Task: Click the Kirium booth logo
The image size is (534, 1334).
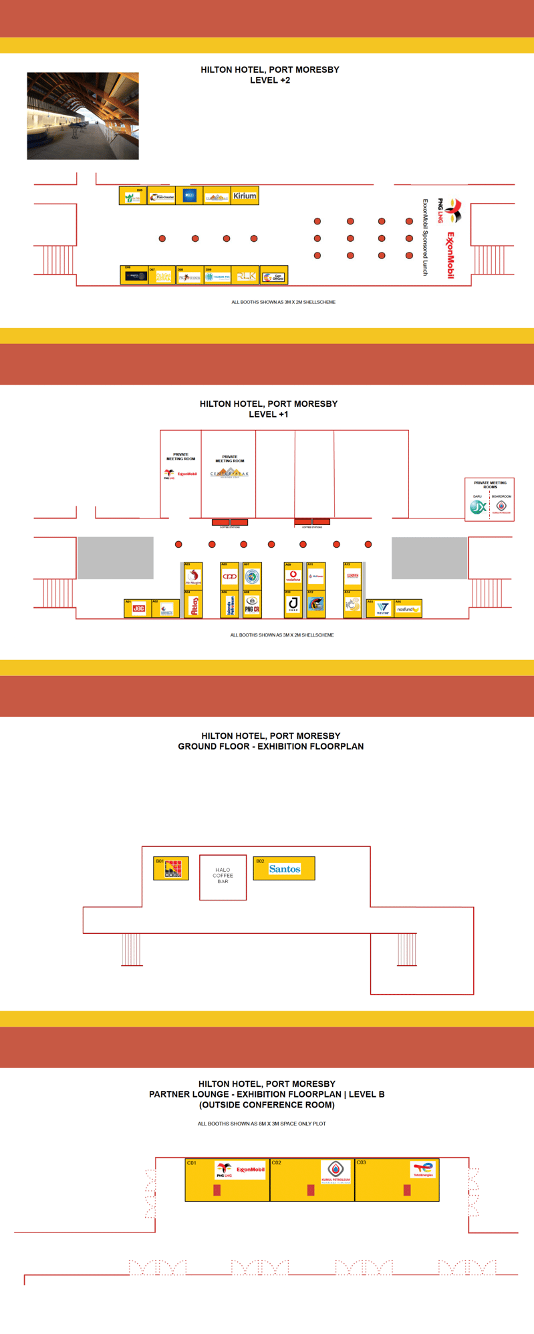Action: coord(245,196)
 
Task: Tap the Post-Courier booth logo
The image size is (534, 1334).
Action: coord(162,197)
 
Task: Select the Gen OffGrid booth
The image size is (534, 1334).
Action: coord(273,277)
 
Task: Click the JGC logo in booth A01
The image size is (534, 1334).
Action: coord(138,608)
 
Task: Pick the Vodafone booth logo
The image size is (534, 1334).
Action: coord(293,576)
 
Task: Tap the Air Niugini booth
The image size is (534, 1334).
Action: coord(193,576)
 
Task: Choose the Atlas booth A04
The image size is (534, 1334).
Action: coord(193,605)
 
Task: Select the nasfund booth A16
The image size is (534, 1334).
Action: coord(407,609)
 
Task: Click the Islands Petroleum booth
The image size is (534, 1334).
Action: coord(229,605)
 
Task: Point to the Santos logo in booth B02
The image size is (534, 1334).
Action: coord(285,869)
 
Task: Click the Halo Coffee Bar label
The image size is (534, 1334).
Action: coord(223,876)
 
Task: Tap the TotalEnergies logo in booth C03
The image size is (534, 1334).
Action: coord(423,1169)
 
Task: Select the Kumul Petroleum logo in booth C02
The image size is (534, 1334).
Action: coord(336,1170)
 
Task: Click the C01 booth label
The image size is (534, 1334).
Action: coord(192,1163)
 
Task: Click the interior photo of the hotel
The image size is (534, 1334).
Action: coord(83,116)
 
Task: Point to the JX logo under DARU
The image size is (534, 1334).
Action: coord(477,508)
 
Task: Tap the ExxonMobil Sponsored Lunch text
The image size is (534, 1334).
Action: coord(424,237)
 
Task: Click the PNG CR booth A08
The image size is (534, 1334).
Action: coord(252,605)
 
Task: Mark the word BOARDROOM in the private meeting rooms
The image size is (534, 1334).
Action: coord(501,496)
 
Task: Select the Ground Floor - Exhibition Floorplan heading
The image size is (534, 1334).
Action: coord(271,746)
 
